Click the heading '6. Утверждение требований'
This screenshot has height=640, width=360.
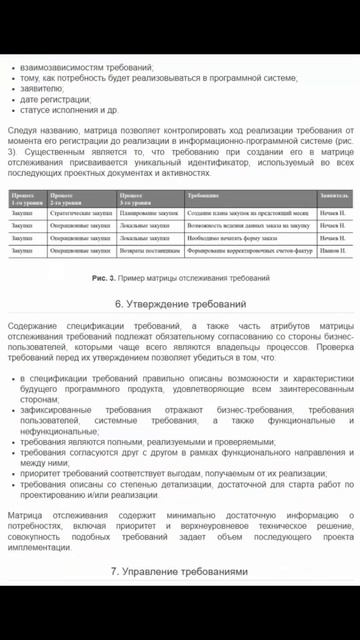tap(180, 303)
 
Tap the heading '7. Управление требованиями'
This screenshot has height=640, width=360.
tap(180, 571)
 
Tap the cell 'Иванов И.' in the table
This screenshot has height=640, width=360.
tap(333, 251)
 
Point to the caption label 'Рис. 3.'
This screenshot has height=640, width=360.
tap(104, 277)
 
